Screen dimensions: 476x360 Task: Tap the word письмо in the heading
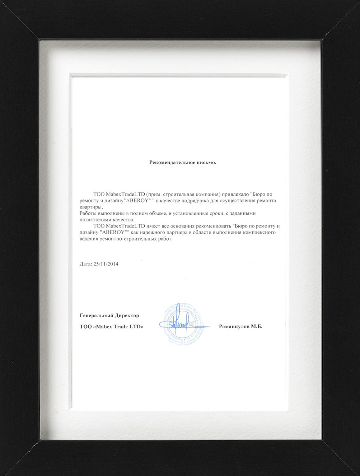coord(206,162)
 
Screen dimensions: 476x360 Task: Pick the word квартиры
coord(91,207)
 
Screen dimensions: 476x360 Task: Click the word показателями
coord(94,220)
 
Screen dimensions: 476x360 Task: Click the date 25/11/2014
coord(106,264)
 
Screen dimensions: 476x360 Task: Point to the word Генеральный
coord(96,316)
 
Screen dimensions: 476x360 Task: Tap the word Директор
coord(127,316)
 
